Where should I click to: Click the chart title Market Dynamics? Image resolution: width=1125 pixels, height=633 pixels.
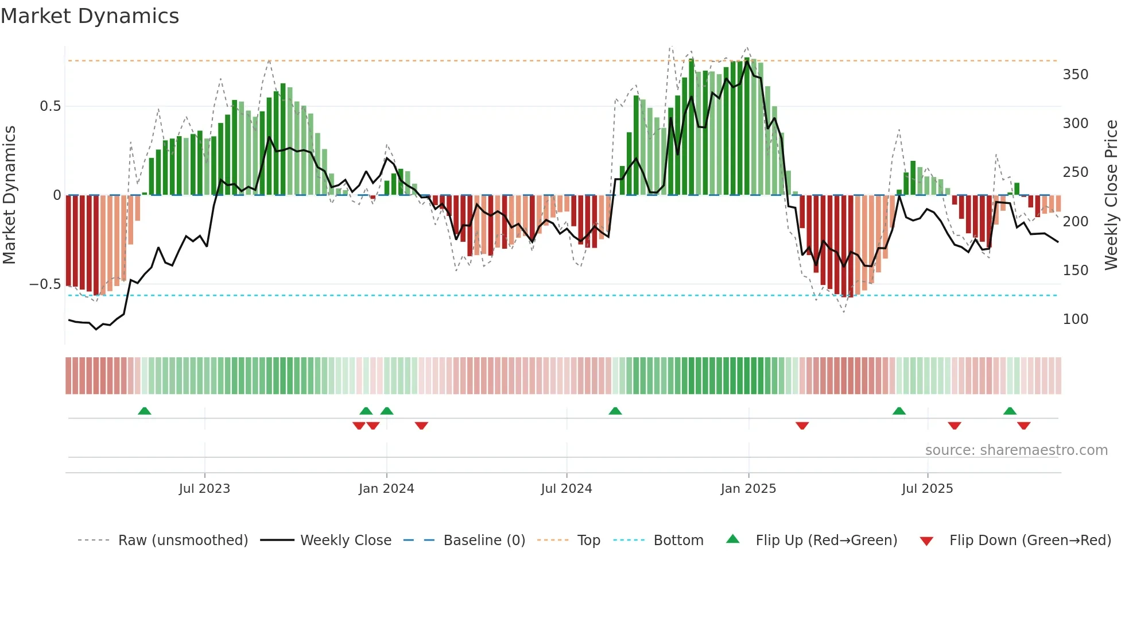click(x=90, y=16)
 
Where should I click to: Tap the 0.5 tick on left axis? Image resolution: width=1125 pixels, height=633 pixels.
click(x=50, y=106)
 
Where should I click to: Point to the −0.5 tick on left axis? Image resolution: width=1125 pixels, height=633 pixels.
click(x=45, y=284)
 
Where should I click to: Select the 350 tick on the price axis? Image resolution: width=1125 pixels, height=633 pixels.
click(x=1075, y=75)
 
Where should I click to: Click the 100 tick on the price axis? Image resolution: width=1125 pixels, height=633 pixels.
click(x=1075, y=319)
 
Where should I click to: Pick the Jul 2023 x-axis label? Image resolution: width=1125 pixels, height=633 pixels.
click(x=204, y=489)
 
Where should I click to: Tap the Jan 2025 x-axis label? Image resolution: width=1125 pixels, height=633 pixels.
click(x=748, y=489)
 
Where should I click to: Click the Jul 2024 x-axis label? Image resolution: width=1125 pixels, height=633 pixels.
click(x=566, y=489)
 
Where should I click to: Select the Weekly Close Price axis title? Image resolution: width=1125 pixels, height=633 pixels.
click(x=1111, y=195)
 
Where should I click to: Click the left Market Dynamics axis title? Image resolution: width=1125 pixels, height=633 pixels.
click(x=9, y=195)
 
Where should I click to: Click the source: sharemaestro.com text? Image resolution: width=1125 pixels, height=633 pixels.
click(x=1016, y=450)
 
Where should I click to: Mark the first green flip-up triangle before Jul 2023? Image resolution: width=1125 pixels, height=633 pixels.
click(x=145, y=411)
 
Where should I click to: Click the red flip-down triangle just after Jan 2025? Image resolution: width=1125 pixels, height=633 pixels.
click(x=802, y=426)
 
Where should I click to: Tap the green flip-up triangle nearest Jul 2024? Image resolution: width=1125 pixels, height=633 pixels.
click(x=615, y=411)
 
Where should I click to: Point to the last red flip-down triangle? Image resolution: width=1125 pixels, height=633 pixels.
click(x=1023, y=426)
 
